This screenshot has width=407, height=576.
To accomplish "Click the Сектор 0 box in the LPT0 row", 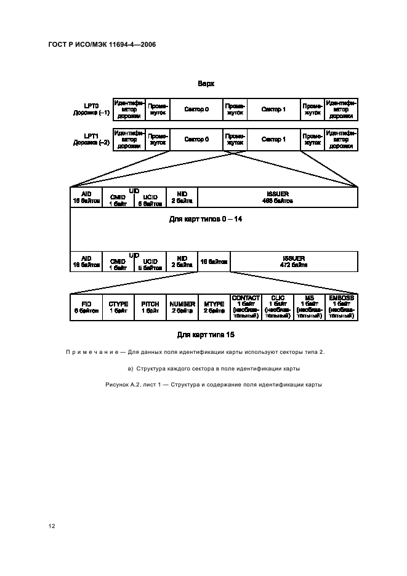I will pyautogui.click(x=196, y=109).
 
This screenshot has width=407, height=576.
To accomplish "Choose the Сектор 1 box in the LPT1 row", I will pyautogui.click(x=273, y=140).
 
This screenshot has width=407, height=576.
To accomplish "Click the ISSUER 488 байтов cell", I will pyautogui.click(x=277, y=197).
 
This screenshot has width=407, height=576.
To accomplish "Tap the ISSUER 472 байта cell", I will pyautogui.click(x=294, y=262).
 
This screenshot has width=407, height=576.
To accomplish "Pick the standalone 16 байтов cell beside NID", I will pyautogui.click(x=214, y=262).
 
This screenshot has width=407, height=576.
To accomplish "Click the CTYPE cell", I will pyautogui.click(x=118, y=307).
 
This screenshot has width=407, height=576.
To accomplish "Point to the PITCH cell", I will pyautogui.click(x=150, y=307).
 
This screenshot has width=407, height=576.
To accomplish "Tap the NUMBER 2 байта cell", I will pyautogui.click(x=182, y=307).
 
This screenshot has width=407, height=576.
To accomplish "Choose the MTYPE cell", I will pyautogui.click(x=214, y=307).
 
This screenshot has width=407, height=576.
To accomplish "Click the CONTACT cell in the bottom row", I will pyautogui.click(x=246, y=307).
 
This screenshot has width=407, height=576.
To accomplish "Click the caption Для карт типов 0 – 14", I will pyautogui.click(x=206, y=219).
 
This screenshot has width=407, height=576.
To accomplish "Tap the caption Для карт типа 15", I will pyautogui.click(x=206, y=335).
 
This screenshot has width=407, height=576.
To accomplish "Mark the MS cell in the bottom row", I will pyautogui.click(x=310, y=307).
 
